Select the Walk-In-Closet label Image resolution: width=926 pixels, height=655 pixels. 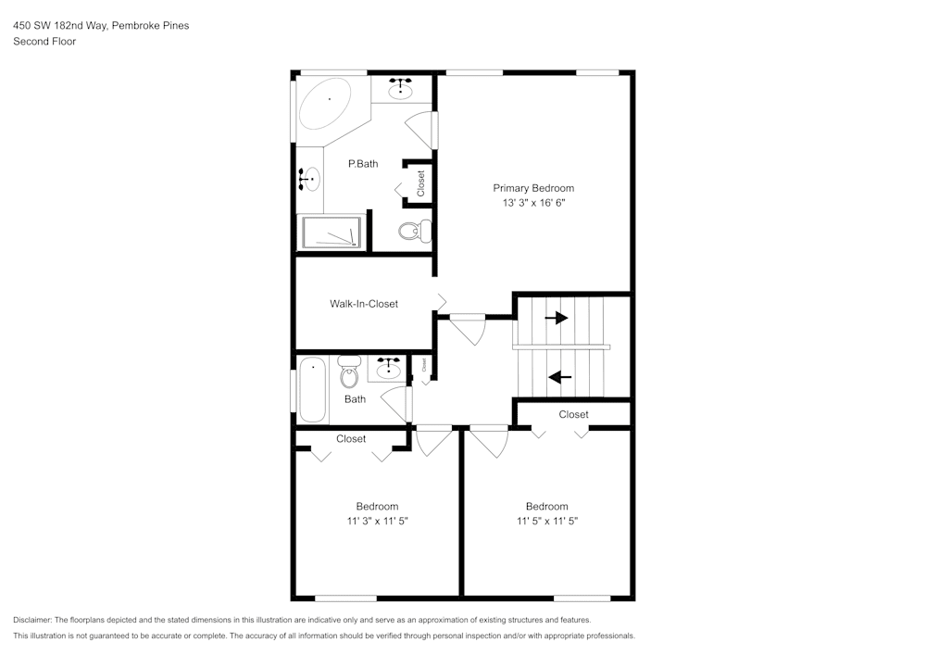[364, 304]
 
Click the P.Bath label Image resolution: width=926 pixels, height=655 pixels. [363, 164]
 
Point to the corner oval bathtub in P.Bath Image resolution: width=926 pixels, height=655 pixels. [326, 103]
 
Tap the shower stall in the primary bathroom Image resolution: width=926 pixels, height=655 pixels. [331, 232]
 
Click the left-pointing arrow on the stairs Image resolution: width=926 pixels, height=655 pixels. [559, 377]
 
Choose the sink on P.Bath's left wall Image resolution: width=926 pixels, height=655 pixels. [310, 178]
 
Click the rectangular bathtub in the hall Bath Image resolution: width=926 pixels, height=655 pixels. [313, 390]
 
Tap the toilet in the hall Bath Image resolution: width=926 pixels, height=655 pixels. [349, 372]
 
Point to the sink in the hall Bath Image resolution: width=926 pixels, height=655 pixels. [387, 370]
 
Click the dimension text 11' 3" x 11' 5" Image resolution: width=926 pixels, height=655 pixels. [377, 522]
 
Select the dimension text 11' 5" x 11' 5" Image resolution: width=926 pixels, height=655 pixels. [546, 522]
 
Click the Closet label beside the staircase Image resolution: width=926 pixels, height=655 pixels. [573, 414]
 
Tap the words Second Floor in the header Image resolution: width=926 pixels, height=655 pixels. [44, 42]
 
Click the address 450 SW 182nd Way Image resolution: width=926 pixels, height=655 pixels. [60, 26]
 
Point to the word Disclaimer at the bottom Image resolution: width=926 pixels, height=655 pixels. [32, 620]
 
